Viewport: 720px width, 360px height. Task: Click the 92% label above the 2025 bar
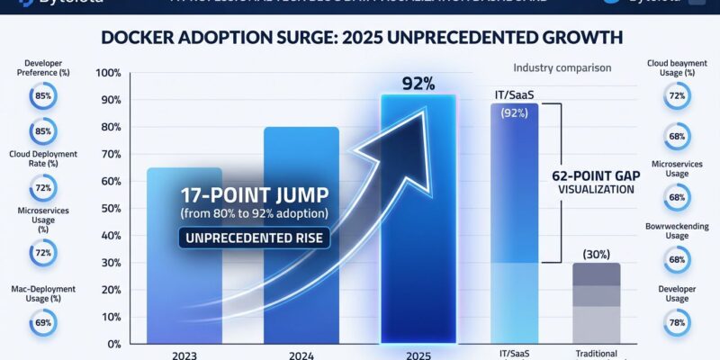point(418,84)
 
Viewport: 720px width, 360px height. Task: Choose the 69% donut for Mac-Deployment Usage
point(43,320)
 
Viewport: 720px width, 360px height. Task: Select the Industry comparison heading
point(562,67)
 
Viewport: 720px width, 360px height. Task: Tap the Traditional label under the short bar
point(596,355)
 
